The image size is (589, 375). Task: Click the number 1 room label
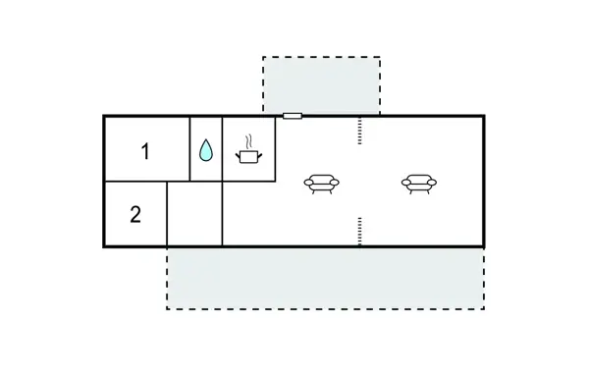145,151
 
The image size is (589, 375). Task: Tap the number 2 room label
135,215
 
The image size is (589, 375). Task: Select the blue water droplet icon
206,150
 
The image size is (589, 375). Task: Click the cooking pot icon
247,156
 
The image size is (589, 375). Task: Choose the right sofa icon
419,183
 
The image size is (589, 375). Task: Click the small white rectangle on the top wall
292,116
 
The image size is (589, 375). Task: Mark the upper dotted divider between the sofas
360,130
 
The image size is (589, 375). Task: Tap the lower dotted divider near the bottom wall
360,231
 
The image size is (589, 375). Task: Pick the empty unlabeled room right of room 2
194,213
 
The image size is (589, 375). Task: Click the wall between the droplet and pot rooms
223,148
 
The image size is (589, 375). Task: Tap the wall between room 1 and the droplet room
189,148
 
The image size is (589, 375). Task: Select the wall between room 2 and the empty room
167,213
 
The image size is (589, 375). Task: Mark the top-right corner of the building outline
484,116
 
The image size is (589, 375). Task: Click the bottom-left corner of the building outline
104,245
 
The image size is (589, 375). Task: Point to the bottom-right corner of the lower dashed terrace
484,308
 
